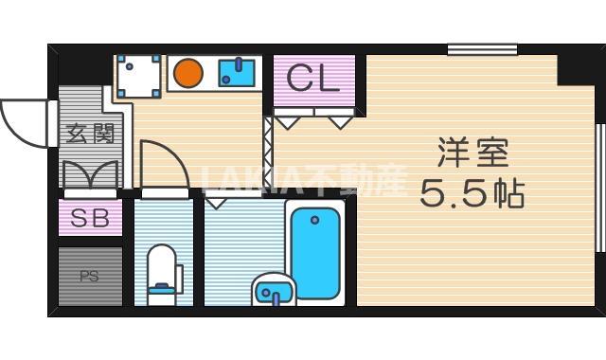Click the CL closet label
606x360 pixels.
point(312,79)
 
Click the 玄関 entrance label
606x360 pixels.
point(90,134)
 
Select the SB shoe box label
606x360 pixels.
point(90,219)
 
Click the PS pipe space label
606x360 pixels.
point(89,277)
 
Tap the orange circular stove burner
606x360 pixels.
point(188,73)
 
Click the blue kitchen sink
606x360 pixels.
point(237,72)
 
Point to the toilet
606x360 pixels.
point(163,271)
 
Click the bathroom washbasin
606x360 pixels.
point(273,290)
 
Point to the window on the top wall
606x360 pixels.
point(482,49)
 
